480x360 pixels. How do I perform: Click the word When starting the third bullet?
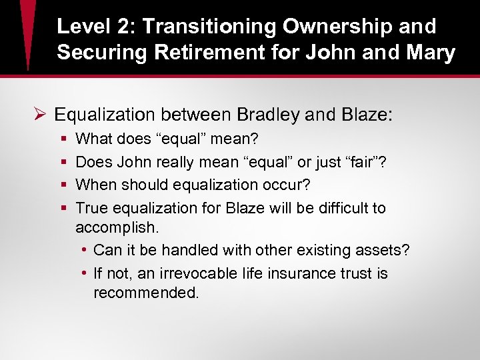(x=95, y=185)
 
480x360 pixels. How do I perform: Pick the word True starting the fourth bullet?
(x=91, y=208)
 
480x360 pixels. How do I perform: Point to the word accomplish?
(x=116, y=228)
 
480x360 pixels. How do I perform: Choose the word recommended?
(x=145, y=293)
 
